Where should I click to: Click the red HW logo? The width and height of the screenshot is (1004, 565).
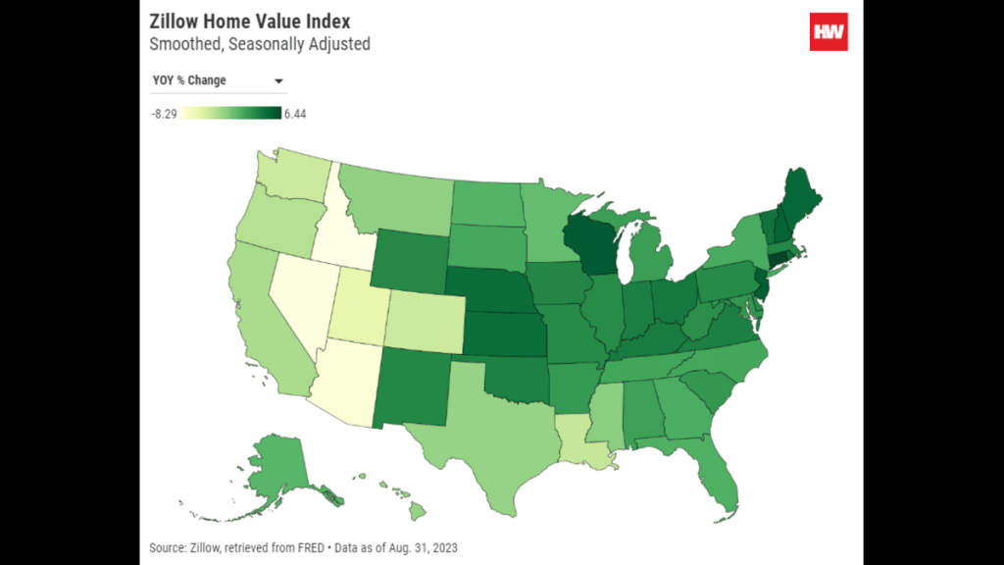[828, 31]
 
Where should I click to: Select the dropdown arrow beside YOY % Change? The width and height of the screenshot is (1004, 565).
[278, 80]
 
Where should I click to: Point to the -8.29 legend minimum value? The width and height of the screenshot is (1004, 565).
[163, 114]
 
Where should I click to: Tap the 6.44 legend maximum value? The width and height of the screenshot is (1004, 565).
[295, 114]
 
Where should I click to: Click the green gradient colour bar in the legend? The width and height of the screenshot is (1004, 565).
[230, 113]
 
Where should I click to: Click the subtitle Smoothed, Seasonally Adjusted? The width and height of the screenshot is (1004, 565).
[260, 44]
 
